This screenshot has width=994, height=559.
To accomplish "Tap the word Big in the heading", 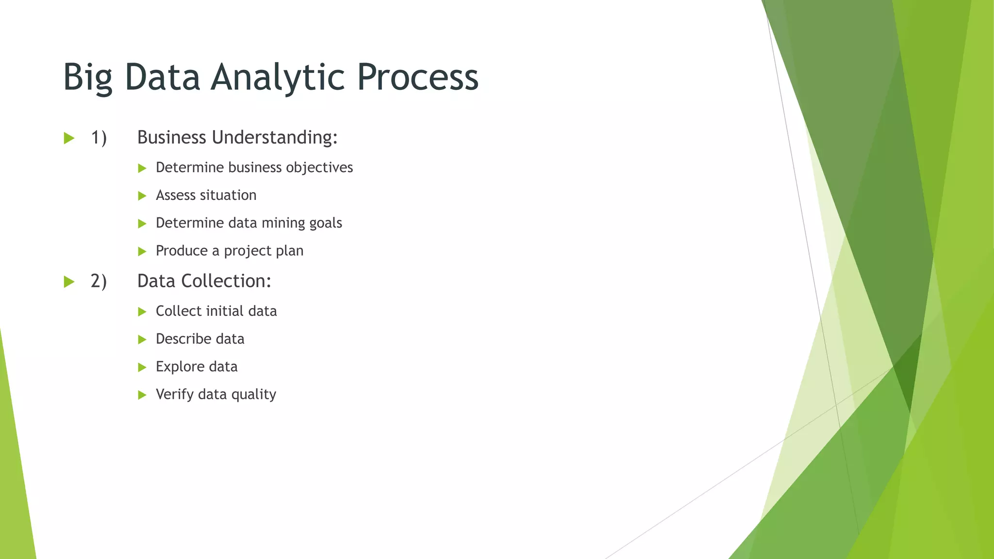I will [x=87, y=78].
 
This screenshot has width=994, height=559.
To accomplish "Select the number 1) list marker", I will [x=99, y=138].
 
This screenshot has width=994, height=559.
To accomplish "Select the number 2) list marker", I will [x=99, y=281].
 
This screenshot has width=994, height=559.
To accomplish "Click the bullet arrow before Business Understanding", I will [x=69, y=138].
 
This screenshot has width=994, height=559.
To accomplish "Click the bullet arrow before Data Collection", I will [x=69, y=282].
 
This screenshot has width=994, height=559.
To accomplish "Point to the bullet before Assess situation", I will [x=142, y=196].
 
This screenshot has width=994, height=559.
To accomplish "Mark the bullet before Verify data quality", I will [x=142, y=395].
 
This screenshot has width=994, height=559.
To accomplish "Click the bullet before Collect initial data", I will [x=142, y=312].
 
